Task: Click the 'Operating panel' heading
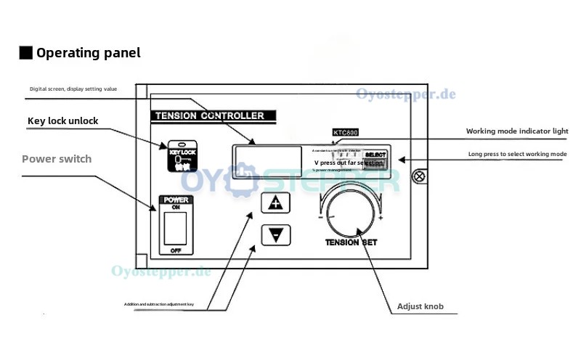pyautogui.click(x=88, y=52)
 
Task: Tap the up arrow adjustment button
pyautogui.click(x=275, y=202)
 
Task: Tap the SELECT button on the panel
pyautogui.click(x=375, y=155)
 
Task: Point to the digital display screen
pyautogui.click(x=267, y=157)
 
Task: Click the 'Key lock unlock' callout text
pyautogui.click(x=62, y=120)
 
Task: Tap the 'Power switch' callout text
pyautogui.click(x=57, y=158)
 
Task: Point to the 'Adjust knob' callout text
pyautogui.click(x=420, y=306)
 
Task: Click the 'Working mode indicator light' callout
pyautogui.click(x=516, y=131)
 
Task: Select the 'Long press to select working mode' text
pyautogui.click(x=517, y=155)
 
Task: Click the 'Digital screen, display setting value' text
pyautogui.click(x=73, y=89)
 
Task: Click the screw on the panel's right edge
pyautogui.click(x=418, y=176)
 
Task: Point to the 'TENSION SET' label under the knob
pyautogui.click(x=352, y=243)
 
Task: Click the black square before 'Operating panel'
pyautogui.click(x=25, y=52)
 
